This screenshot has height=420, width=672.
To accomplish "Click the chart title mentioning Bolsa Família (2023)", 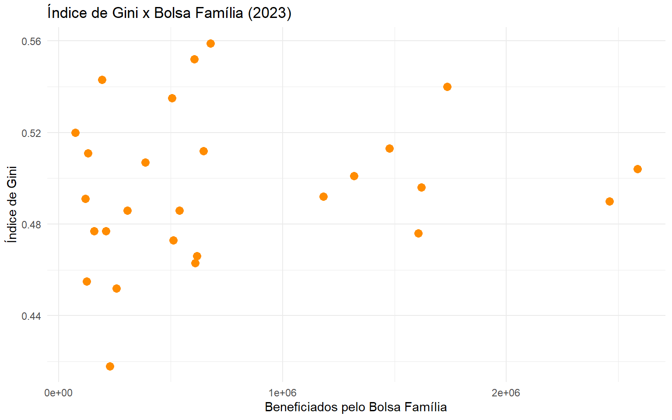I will click(x=169, y=13).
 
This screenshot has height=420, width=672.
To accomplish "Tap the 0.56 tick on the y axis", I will click(x=31, y=41).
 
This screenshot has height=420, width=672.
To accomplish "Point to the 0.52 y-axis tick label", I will click(x=31, y=133).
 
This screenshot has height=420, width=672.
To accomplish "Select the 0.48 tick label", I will click(x=31, y=224).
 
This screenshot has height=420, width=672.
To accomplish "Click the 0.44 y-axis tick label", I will click(x=31, y=316).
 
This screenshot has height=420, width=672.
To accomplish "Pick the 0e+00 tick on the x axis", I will click(x=58, y=393).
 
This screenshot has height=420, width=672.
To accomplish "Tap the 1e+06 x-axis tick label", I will click(x=282, y=393).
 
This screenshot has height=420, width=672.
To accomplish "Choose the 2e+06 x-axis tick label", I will click(x=506, y=393).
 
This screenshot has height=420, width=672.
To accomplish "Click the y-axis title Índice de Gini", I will click(x=12, y=204).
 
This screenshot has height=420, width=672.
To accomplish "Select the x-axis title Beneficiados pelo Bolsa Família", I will click(x=356, y=407).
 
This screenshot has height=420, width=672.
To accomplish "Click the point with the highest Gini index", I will click(x=210, y=43).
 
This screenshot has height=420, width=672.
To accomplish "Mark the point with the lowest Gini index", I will click(x=110, y=366).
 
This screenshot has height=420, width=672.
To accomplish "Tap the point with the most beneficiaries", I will click(x=637, y=169).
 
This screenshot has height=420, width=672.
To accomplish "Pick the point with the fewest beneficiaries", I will click(x=75, y=133).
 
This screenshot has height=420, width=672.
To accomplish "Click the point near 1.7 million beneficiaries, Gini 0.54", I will click(x=447, y=87).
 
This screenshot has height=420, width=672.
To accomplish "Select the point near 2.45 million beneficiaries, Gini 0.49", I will click(x=609, y=201).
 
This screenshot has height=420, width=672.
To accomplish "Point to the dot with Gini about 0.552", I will click(x=194, y=59).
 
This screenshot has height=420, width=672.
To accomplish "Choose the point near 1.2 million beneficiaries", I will click(x=323, y=196).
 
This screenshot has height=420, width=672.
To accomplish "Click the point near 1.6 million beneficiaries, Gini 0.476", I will click(x=418, y=233).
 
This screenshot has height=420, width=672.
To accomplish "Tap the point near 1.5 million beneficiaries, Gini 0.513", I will click(x=389, y=148).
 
